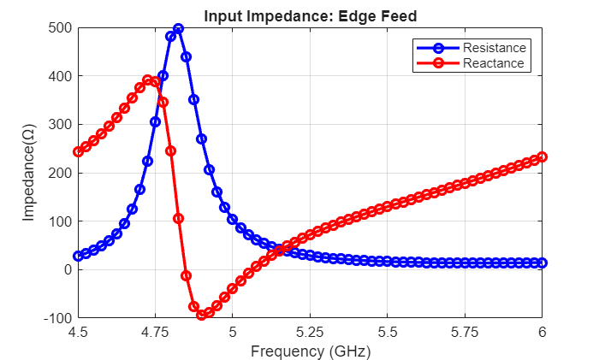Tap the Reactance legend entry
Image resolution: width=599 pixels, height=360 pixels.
coord(493,63)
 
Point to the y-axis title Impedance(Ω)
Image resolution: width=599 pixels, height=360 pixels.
coord(29,173)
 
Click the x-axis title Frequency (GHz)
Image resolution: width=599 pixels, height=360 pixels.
coord(310,350)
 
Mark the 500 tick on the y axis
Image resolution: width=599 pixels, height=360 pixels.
coord(60,28)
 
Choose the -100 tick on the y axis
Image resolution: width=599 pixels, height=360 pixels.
coord(57,318)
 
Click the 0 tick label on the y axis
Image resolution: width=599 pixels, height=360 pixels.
coord(66,269)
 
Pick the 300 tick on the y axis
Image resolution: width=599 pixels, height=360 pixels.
coord(60,125)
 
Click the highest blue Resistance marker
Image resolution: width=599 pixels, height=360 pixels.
coord(178,28)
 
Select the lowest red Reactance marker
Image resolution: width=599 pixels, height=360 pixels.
coord(202,315)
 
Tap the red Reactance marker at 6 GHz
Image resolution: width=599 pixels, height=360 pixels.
coord(542,157)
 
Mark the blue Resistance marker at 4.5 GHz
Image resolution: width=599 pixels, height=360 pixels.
coord(78,256)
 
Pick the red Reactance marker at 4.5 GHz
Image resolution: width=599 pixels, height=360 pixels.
coord(78,151)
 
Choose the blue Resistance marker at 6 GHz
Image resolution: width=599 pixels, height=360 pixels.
coord(542,263)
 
